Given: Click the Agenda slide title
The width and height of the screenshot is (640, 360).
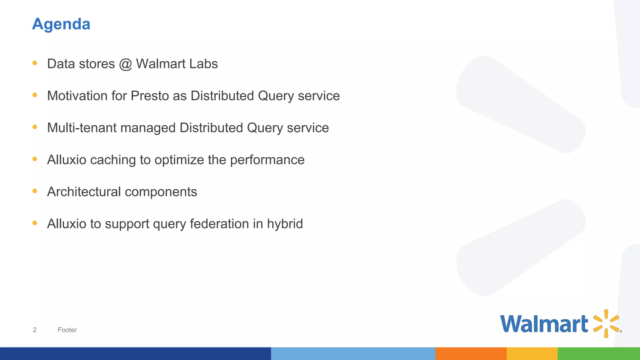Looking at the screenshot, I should (x=61, y=24).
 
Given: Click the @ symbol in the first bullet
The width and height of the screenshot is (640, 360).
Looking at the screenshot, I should (x=125, y=64).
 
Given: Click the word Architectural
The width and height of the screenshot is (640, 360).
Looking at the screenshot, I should (x=84, y=192).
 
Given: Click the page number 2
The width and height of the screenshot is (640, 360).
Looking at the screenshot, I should (x=35, y=330).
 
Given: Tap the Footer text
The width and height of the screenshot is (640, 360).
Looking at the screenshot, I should (x=67, y=330).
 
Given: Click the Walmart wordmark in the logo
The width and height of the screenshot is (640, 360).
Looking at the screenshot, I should (x=544, y=324).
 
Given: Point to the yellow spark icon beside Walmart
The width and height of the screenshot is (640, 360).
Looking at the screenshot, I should (x=606, y=323).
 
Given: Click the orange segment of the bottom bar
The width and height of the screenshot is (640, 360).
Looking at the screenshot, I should (x=471, y=353).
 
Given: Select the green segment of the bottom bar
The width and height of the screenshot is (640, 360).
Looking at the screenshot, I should (x=598, y=353).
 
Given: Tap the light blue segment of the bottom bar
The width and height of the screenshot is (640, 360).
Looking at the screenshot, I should (x=353, y=353).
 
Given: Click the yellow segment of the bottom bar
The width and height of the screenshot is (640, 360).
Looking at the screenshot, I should (x=532, y=353).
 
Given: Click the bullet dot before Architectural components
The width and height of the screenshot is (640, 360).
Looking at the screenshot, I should (x=35, y=191).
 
